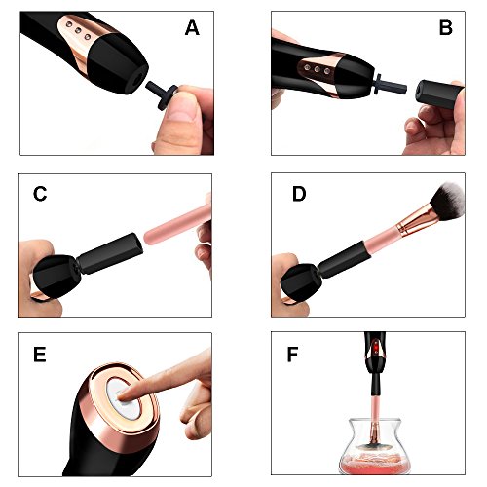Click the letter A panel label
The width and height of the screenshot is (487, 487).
click(x=192, y=28)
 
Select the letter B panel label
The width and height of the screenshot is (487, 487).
click(x=445, y=27)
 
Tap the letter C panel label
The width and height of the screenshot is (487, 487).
click(x=40, y=194)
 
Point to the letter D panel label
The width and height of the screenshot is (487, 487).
click(x=299, y=194)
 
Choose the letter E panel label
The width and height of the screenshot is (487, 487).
click(x=39, y=354)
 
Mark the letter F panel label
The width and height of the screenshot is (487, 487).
click(x=292, y=354)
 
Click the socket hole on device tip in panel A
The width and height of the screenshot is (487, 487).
click(x=138, y=79)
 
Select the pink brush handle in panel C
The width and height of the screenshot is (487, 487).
click(x=177, y=224)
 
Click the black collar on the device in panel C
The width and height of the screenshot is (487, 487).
click(x=110, y=253)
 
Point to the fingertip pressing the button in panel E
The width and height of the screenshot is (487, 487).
click(x=126, y=393)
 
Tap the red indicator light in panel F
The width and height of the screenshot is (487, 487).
click(x=376, y=349)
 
